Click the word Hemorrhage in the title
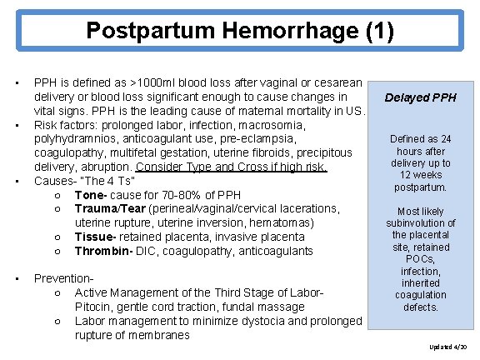[x=267, y=32]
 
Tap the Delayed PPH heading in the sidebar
[x=421, y=97]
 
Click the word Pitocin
[x=94, y=307]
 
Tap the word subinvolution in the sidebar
[x=421, y=223]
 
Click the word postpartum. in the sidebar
[x=421, y=187]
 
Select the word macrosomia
[x=273, y=125]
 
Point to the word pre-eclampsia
[x=254, y=139]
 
